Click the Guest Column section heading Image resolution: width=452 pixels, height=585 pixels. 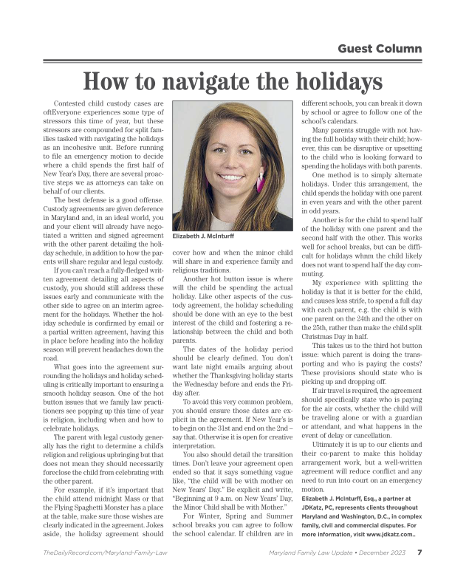(380, 49)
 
